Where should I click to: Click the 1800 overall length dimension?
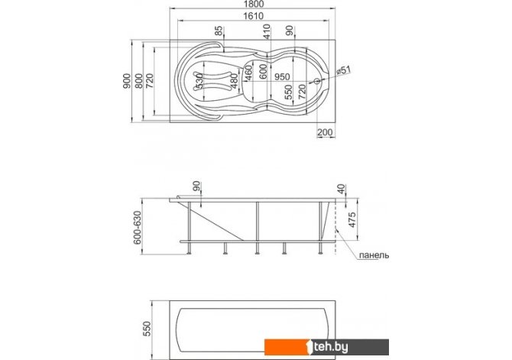254,4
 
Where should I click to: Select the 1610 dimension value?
254,16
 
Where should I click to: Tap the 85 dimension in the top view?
219,31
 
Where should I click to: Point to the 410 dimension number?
267,31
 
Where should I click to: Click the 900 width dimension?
127,81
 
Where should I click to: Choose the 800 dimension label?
139,81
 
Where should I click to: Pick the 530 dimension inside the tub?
200,81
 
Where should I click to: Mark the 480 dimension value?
234,81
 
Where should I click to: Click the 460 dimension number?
249,73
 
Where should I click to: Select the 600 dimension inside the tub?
263,71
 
